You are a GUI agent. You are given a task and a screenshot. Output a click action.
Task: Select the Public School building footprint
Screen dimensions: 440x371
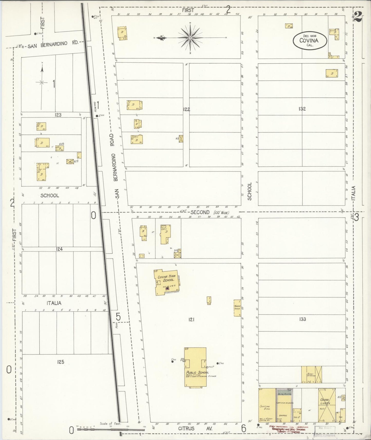195,367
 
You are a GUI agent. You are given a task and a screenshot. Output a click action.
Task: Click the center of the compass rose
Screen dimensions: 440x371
190,38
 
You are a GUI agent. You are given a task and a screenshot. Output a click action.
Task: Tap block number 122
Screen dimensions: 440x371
186,109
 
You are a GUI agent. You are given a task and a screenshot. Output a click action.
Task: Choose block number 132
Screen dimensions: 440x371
302,109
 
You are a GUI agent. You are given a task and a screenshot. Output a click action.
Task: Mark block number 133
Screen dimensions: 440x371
302,319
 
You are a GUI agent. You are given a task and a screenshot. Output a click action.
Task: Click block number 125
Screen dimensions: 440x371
61,362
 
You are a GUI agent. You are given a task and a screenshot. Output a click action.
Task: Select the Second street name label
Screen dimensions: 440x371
200,212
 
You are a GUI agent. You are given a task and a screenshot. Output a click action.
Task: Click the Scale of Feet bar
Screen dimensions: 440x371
110,429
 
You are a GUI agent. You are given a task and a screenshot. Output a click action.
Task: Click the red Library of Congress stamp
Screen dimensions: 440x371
289,429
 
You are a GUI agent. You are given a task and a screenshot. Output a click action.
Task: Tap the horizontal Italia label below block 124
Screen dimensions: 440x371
54,303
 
